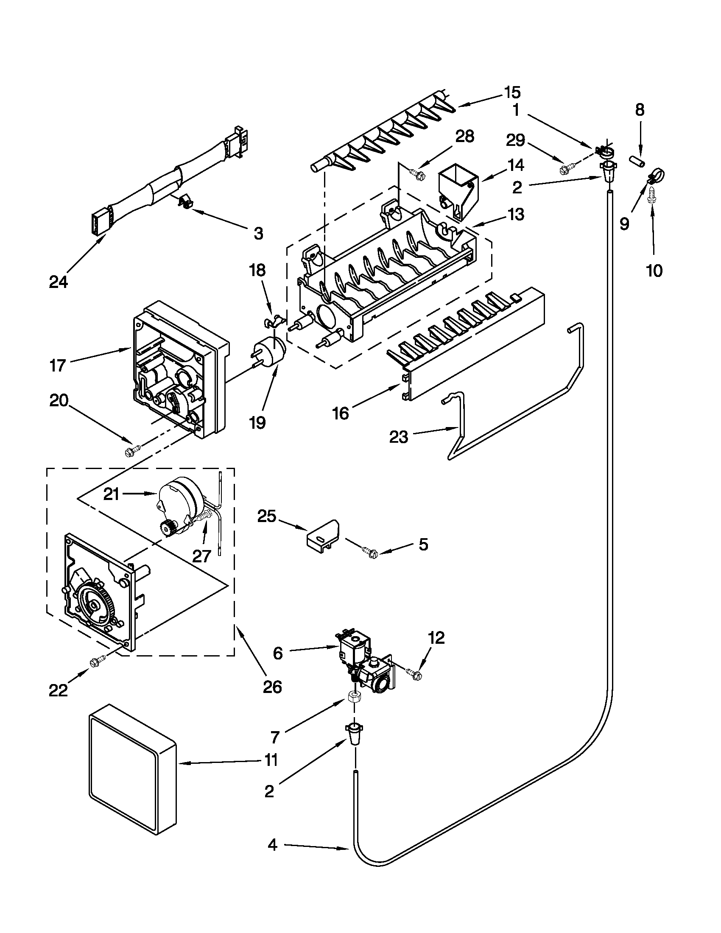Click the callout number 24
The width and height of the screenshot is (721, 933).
click(x=58, y=282)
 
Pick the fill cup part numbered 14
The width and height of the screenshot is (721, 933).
click(x=458, y=192)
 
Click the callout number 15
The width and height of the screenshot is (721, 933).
click(x=512, y=92)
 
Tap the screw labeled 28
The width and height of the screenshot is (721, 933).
click(x=416, y=173)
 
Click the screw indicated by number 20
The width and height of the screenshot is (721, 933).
click(x=132, y=450)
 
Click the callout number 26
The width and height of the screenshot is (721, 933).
click(x=272, y=687)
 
